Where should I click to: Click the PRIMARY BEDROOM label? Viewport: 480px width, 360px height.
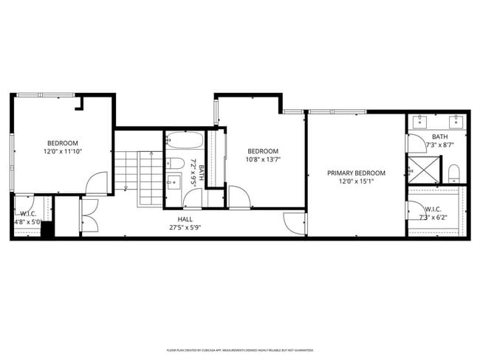(x=357, y=173)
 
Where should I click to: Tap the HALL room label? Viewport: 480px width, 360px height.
(x=185, y=219)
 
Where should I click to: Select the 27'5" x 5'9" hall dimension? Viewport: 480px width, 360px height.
(x=185, y=227)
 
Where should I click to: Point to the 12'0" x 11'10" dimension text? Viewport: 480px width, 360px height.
(x=63, y=151)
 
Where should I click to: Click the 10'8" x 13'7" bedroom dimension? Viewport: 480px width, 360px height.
(x=263, y=159)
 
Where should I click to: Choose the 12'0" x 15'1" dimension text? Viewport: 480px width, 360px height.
(x=357, y=181)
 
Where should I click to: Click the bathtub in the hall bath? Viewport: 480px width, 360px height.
(x=185, y=140)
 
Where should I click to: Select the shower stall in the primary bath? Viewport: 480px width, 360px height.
(x=424, y=169)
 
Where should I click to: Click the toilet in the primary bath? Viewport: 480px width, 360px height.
(x=454, y=173)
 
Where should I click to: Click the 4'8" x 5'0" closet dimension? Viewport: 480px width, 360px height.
(x=28, y=221)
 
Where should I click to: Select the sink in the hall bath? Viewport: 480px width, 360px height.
(x=174, y=181)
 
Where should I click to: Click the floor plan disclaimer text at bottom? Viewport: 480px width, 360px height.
(x=239, y=350)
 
